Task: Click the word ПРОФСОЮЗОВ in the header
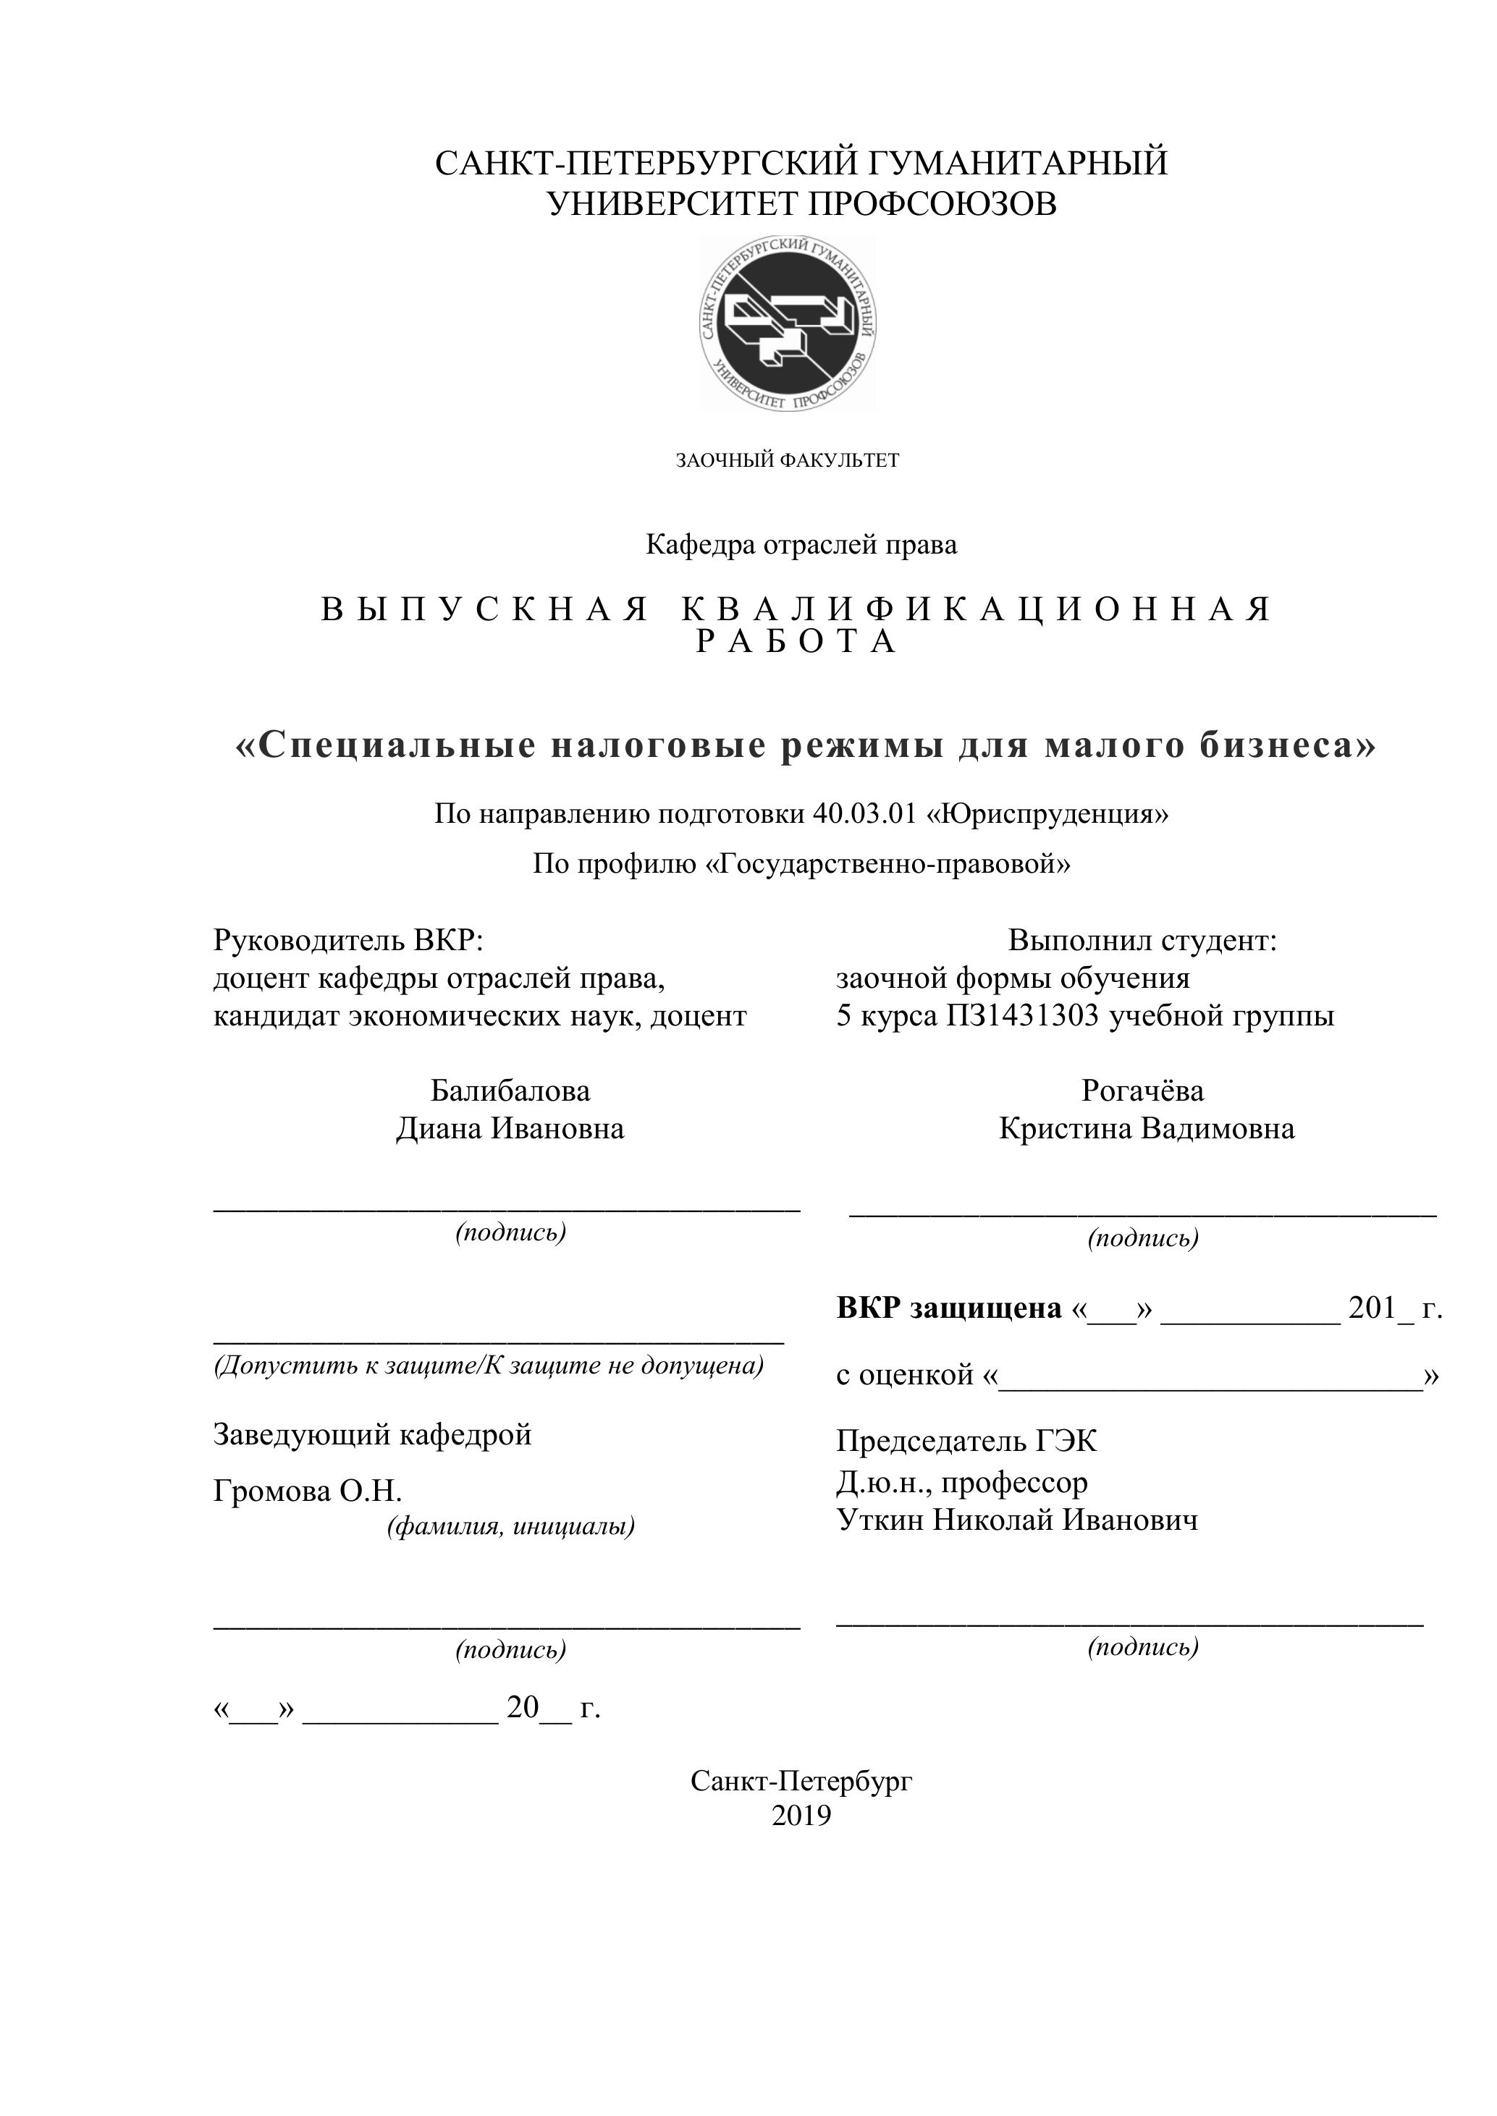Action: (x=932, y=203)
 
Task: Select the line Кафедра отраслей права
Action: (x=801, y=545)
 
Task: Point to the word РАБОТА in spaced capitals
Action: (x=796, y=641)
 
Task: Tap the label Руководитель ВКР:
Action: (x=348, y=940)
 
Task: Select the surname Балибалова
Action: (x=510, y=1091)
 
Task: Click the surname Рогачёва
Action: (x=1142, y=1091)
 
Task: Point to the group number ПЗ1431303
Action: (x=1022, y=1017)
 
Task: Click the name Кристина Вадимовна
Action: (x=1147, y=1129)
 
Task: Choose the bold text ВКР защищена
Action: (x=948, y=1308)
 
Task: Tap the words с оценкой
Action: (x=905, y=1374)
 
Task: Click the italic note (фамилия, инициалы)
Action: (x=510, y=1527)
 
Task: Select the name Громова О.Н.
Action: (x=308, y=1491)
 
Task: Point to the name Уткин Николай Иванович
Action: (x=1018, y=1520)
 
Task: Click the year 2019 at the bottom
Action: (x=801, y=1816)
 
